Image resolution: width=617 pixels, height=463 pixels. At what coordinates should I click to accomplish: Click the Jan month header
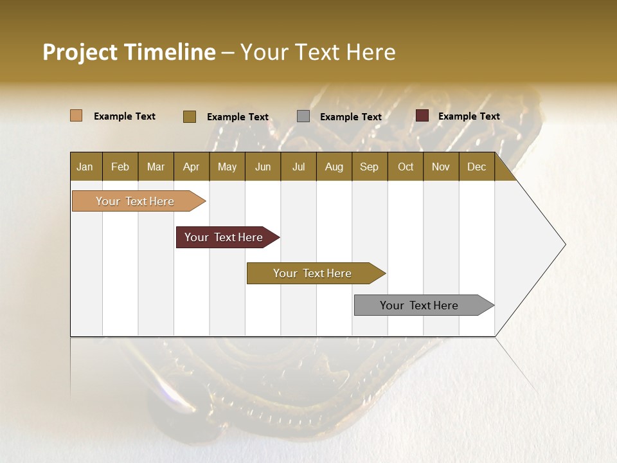(x=85, y=167)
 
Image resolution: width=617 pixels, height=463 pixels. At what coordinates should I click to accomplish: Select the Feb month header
(x=120, y=167)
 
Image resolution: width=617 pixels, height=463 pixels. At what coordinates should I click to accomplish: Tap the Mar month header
(x=156, y=167)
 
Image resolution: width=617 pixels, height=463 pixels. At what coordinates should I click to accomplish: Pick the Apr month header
(x=192, y=167)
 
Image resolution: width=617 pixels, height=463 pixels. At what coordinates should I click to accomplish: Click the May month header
(x=227, y=167)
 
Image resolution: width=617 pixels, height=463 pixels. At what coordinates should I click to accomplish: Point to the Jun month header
(x=263, y=167)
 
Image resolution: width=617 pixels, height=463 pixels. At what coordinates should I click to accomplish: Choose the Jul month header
(x=298, y=167)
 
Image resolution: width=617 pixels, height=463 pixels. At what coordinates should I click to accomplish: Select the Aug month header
(x=334, y=167)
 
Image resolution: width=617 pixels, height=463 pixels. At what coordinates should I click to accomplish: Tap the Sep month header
(x=370, y=167)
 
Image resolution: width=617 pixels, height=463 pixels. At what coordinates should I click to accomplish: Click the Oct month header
(x=406, y=167)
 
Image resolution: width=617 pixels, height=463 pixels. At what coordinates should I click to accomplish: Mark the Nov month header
(x=441, y=167)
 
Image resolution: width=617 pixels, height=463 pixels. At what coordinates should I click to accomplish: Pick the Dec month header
(x=477, y=167)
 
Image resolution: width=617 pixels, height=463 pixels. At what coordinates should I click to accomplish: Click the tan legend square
(x=76, y=116)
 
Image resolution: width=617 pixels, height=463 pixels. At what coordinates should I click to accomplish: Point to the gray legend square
(x=303, y=116)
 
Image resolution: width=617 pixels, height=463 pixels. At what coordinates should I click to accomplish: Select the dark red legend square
(x=422, y=116)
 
